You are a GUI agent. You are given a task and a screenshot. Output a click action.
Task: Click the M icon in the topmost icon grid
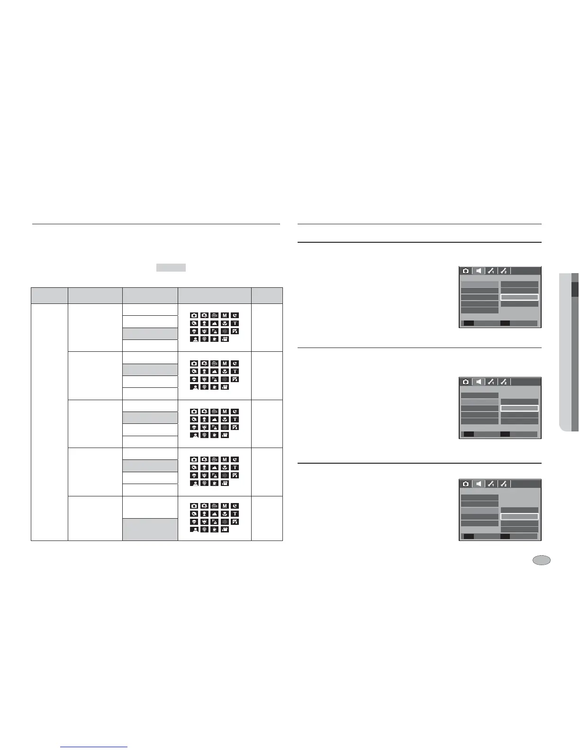(225, 315)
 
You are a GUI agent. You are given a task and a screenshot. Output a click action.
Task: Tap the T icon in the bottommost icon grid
(235, 514)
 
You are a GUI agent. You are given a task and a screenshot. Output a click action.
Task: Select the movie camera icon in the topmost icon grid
(225, 339)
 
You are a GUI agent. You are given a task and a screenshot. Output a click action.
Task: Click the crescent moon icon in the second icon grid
(235, 364)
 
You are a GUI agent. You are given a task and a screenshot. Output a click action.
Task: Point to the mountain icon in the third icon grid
(215, 420)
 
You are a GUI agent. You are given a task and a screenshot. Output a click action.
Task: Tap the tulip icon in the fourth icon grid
(225, 467)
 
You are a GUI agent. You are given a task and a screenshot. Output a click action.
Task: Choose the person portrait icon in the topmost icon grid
(194, 339)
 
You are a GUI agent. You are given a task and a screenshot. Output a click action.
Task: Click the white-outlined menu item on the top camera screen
(519, 297)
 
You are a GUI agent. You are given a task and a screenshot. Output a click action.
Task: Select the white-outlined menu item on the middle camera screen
(519, 408)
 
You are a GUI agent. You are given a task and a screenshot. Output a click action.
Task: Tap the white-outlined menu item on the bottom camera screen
(519, 516)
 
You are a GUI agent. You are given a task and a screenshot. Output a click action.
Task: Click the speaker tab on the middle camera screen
(479, 382)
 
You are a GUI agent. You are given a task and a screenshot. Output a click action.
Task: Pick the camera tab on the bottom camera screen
(466, 484)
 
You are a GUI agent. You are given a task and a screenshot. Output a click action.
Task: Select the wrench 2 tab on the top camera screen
(504, 271)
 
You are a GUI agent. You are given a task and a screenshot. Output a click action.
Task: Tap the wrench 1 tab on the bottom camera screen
(491, 484)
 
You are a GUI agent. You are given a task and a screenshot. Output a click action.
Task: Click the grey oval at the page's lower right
(542, 560)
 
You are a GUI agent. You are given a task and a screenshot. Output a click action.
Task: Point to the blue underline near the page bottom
(94, 747)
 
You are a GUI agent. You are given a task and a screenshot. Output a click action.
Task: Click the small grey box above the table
(171, 267)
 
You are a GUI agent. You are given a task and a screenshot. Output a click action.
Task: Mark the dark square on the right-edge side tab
(575, 290)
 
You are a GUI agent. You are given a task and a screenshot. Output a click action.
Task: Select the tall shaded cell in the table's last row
(150, 529)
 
